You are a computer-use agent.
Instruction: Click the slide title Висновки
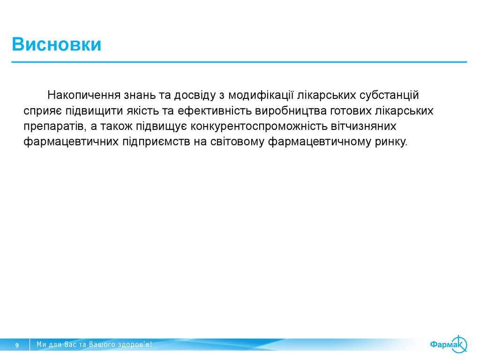pyautogui.click(x=57, y=45)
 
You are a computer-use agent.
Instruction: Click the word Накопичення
pyautogui.click(x=83, y=95)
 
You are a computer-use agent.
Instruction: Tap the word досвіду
pyautogui.click(x=194, y=95)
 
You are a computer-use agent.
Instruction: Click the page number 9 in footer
pyautogui.click(x=17, y=345)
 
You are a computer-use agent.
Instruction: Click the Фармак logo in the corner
pyautogui.click(x=448, y=345)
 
